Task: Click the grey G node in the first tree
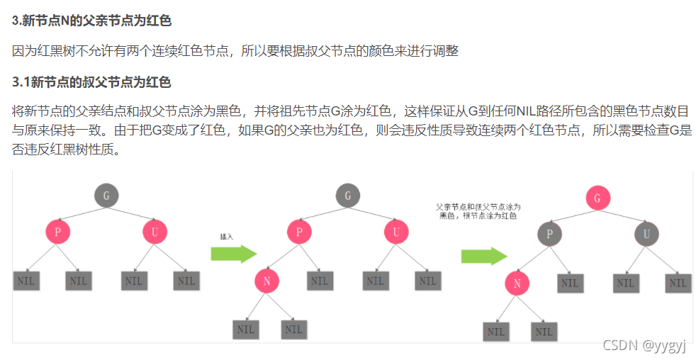pyautogui.click(x=106, y=196)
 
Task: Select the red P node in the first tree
pyautogui.click(x=58, y=232)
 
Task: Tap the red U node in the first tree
pyautogui.click(x=155, y=232)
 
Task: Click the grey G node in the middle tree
pyautogui.click(x=348, y=196)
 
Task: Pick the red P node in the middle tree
pyautogui.click(x=300, y=232)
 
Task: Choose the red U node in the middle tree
pyautogui.click(x=397, y=232)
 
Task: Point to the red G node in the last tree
pyautogui.click(x=597, y=198)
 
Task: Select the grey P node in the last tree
pyautogui.click(x=549, y=234)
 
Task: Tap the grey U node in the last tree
pyautogui.click(x=646, y=234)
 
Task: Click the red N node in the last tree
pyautogui.click(x=517, y=284)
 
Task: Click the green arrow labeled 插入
pyautogui.click(x=233, y=254)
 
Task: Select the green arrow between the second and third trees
pyautogui.click(x=484, y=256)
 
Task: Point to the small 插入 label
pyautogui.click(x=227, y=237)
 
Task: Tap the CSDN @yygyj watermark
pyautogui.click(x=644, y=345)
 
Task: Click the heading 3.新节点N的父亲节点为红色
pyautogui.click(x=92, y=21)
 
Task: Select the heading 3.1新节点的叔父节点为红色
pyautogui.click(x=92, y=82)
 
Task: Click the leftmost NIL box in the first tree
pyautogui.click(x=26, y=281)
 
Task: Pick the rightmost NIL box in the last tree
pyautogui.click(x=678, y=283)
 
